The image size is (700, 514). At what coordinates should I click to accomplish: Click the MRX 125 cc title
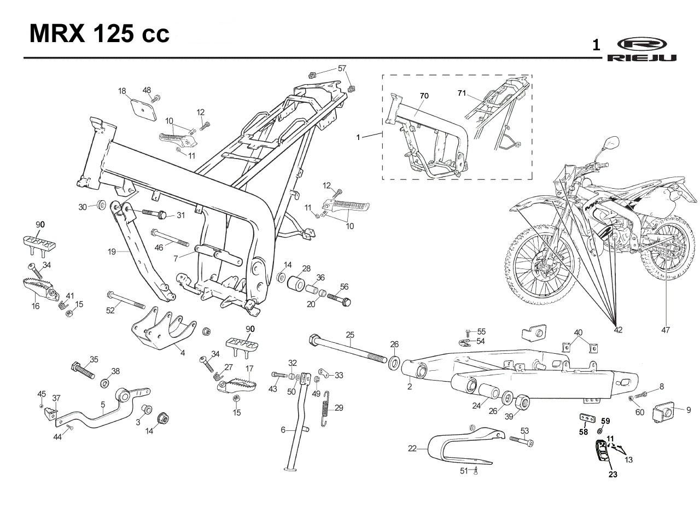click(x=100, y=33)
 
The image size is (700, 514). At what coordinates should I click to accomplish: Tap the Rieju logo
click(x=642, y=49)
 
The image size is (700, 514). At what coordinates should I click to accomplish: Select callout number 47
click(x=666, y=330)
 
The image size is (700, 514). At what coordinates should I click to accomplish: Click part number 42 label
click(x=618, y=330)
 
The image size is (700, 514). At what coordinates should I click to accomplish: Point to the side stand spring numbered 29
click(x=325, y=408)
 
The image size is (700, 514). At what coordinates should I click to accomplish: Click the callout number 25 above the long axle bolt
click(x=350, y=335)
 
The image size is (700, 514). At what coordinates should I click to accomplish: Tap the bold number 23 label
click(x=613, y=474)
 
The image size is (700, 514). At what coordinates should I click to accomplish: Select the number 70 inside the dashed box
click(x=424, y=96)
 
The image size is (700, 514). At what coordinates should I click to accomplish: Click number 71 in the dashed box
click(x=462, y=93)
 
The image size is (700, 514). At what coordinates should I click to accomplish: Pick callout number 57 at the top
click(x=342, y=68)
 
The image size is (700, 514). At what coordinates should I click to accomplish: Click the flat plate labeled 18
click(x=143, y=110)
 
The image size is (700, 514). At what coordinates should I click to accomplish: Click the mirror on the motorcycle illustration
click(x=613, y=143)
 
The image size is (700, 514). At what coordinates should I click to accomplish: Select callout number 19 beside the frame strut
click(x=112, y=252)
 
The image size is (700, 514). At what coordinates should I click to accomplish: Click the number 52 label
click(x=110, y=310)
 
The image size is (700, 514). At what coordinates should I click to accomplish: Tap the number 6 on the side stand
click(x=283, y=430)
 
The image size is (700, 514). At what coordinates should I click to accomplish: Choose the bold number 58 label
click(x=584, y=432)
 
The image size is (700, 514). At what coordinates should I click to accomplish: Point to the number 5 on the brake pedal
click(x=103, y=405)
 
